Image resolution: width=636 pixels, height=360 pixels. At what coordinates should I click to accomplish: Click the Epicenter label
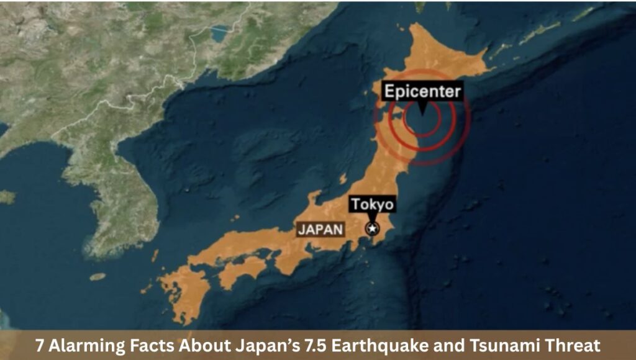(x=422, y=92)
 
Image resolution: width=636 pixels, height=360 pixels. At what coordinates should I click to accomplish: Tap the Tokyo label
(x=373, y=205)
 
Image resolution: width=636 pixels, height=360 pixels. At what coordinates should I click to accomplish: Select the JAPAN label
(x=320, y=229)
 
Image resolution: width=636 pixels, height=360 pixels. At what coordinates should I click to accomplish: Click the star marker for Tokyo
(x=373, y=228)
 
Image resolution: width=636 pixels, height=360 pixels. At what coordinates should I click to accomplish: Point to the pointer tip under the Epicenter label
(x=422, y=113)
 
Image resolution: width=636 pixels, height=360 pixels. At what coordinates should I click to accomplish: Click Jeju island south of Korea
(x=98, y=277)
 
